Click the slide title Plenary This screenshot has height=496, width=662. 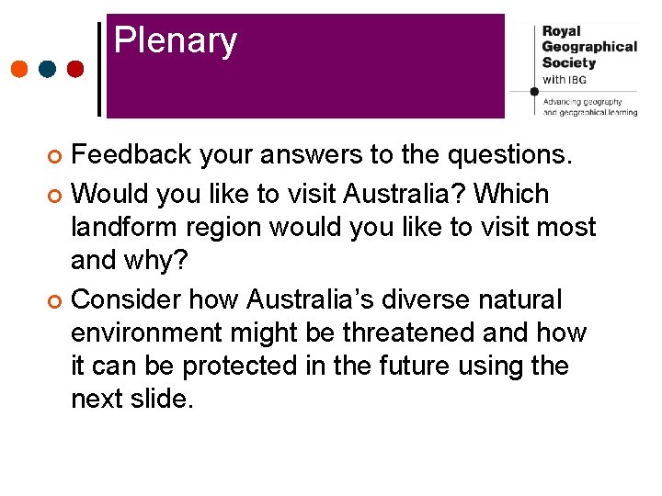tap(176, 41)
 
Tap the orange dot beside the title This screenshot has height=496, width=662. tap(19, 69)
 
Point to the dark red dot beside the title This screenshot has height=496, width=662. tap(75, 69)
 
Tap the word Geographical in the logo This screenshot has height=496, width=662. tap(588, 47)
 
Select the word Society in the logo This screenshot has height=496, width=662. tap(568, 62)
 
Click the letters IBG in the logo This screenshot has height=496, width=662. tap(577, 80)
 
